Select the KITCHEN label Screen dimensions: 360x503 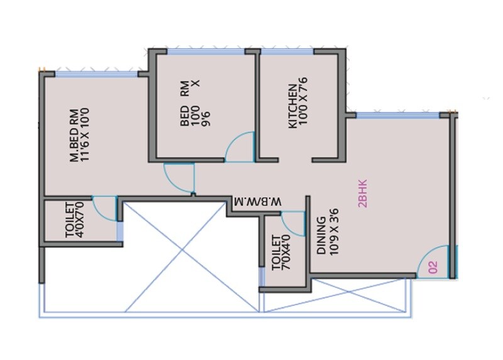(x=292, y=107)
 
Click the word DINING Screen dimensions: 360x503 (x=321, y=236)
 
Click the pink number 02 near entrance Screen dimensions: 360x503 (x=433, y=267)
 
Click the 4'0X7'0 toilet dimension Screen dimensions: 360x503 (x=81, y=219)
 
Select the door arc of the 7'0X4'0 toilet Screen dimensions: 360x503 (x=292, y=223)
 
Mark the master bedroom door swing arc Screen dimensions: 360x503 (x=179, y=177)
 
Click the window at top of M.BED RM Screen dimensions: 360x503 (x=96, y=74)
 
